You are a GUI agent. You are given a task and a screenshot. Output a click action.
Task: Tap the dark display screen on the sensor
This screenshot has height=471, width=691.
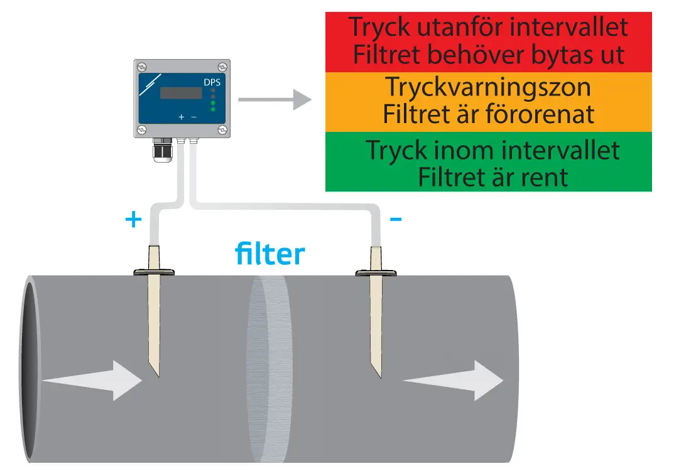coord(181,93)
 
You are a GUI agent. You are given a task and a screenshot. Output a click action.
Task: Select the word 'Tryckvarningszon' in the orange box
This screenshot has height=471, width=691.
coord(488,87)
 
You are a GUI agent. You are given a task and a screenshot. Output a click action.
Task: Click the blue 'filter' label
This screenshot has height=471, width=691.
coord(269,254)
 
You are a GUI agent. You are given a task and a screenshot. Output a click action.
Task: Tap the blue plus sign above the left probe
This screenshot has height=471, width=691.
coord(133,220)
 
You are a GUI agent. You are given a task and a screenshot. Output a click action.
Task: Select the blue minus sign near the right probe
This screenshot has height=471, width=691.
coord(396,219)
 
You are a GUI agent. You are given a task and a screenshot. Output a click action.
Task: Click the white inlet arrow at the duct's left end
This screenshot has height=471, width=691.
coord(94,380)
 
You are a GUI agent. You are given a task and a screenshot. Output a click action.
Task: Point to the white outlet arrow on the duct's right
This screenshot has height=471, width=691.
coord(452,380)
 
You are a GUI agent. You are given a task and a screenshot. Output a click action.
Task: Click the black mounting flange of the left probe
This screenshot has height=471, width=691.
coord(154,273)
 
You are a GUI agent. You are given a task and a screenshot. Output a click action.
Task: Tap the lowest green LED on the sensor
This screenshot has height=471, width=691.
coord(213,109)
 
